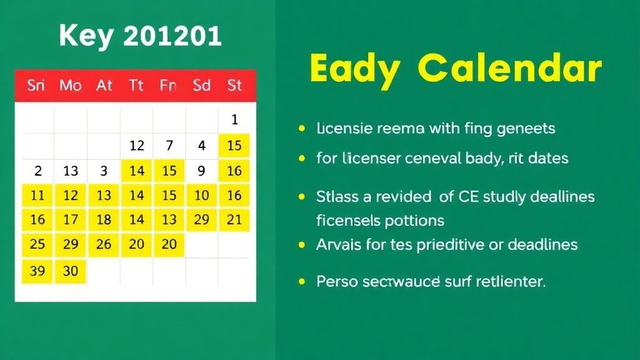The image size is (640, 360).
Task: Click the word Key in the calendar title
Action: click(86, 37)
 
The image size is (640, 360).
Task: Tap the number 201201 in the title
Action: click(172, 37)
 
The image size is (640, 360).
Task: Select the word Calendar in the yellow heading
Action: click(509, 69)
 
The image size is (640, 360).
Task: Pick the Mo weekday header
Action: click(71, 85)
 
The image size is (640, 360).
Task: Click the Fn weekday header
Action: click(168, 85)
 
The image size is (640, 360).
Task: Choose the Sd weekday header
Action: click(201, 85)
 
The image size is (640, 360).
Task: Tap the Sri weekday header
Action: click(36, 85)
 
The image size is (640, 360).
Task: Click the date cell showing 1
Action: click(234, 119)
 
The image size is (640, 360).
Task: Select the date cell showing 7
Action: click(169, 146)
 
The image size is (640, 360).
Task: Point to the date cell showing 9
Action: click(201, 170)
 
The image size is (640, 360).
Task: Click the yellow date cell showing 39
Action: click(37, 271)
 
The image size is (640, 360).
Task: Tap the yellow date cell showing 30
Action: click(71, 271)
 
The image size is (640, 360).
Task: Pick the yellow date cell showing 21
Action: click(234, 219)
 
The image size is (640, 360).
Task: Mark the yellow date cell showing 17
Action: click(71, 219)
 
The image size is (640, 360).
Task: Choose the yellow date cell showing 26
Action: click(104, 244)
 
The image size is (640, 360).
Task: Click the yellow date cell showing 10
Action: click(201, 195)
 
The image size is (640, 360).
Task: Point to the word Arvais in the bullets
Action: click(338, 244)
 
